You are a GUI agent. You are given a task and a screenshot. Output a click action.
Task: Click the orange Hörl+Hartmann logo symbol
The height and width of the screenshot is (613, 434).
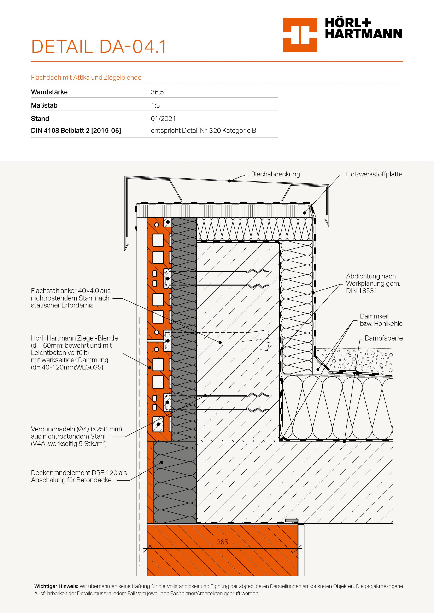point(300,35)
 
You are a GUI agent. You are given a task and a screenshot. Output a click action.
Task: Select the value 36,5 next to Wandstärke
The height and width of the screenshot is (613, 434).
point(157,92)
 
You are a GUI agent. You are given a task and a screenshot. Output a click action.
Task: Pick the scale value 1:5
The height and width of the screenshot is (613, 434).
point(155,105)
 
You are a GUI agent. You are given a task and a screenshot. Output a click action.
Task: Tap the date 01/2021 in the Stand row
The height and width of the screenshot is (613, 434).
point(163,119)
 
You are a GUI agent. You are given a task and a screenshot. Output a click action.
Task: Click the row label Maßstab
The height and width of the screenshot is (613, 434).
point(44,105)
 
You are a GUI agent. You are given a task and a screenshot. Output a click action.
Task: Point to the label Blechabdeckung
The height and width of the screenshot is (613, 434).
point(275,174)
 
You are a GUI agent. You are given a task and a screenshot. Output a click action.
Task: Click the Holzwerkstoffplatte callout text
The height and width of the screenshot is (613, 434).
point(374,174)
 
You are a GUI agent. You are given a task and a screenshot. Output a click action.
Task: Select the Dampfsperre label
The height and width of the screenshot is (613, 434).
point(383,338)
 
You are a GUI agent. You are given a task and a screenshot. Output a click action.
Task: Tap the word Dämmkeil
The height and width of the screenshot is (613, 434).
point(374,316)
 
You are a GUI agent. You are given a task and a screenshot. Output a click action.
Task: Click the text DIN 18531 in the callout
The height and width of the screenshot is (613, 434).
point(362,291)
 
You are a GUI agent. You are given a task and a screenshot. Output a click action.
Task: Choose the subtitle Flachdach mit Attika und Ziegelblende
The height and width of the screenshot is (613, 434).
point(86,78)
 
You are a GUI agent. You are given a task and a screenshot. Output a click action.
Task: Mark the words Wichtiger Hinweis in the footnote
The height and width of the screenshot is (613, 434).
point(56,586)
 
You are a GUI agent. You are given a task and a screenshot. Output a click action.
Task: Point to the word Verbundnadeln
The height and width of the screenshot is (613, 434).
point(53,429)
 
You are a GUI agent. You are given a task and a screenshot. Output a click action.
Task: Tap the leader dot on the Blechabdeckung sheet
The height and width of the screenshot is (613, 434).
point(229,181)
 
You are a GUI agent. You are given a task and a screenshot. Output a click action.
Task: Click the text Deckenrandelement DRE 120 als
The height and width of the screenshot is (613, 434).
point(79,473)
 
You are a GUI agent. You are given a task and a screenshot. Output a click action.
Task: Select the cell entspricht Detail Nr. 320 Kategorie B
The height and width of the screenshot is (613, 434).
point(203,131)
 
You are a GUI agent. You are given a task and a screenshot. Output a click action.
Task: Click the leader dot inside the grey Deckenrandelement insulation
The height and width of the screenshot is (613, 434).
point(162,462)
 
